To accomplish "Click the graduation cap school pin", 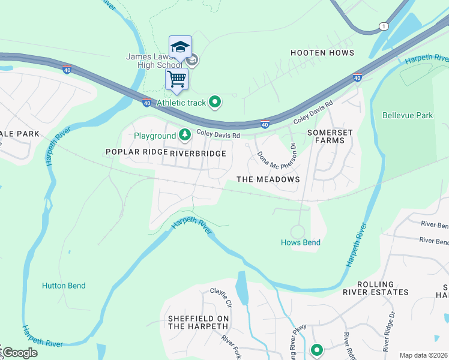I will pos(180,47).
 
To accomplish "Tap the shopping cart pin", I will pos(176,79).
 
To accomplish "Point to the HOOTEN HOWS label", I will pos(322,53).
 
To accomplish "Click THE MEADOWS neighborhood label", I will pos(268,179).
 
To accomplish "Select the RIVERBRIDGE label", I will pos(197,154).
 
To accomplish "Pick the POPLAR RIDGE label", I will pos(136,152).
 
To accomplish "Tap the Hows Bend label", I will pos(300,242).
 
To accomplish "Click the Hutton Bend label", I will pos(64,286).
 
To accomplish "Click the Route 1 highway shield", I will pos(383,26).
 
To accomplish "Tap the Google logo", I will pos(19,353).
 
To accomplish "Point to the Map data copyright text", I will pos(423,355).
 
